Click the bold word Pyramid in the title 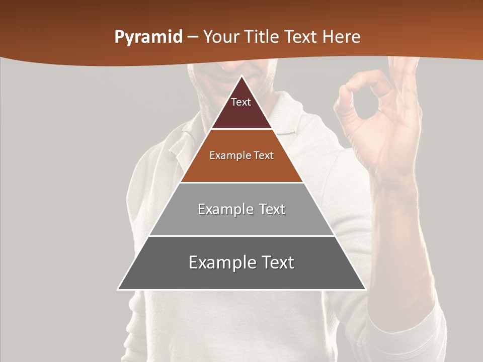pyautogui.click(x=148, y=37)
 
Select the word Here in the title pyautogui.click(x=342, y=37)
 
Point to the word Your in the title pyautogui.click(x=221, y=37)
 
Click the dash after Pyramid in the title pyautogui.click(x=192, y=37)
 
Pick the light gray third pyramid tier pyautogui.click(x=242, y=221)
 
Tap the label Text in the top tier pyautogui.click(x=241, y=102)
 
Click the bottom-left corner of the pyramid pyautogui.click(x=118, y=289)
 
